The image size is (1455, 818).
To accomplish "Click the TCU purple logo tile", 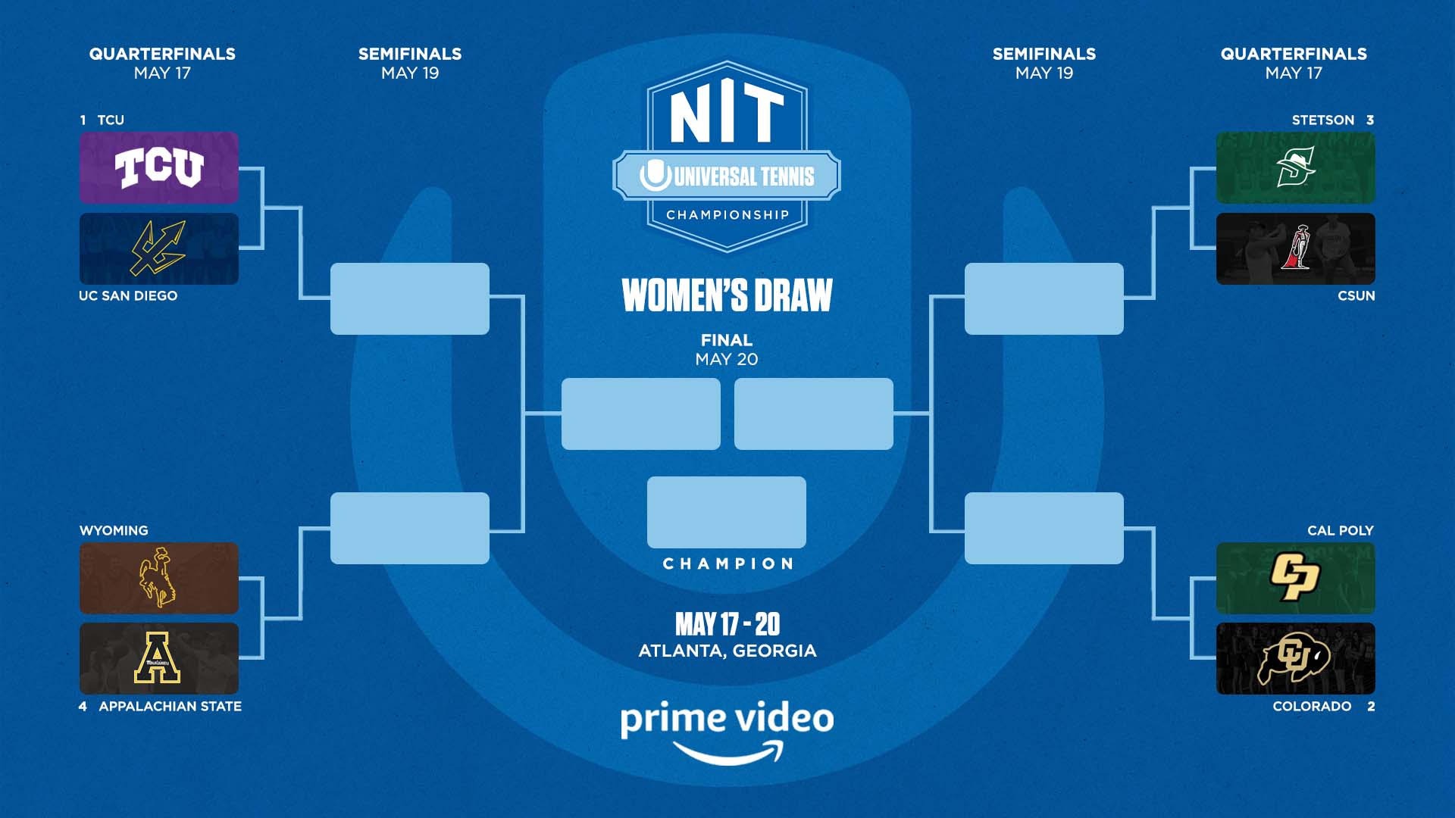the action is (159, 167).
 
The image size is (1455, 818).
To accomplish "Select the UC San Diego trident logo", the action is (158, 248).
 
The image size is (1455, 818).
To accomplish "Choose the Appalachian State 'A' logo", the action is (158, 657).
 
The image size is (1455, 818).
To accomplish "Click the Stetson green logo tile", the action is (1296, 167).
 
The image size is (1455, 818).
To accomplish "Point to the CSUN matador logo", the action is (1296, 248).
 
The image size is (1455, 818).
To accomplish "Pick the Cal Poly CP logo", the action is (1295, 577).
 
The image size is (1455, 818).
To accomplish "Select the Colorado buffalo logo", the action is (1294, 657).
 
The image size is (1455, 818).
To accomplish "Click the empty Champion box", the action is (727, 512).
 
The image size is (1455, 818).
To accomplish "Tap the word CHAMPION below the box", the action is (727, 564).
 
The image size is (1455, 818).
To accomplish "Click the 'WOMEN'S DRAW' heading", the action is (727, 295).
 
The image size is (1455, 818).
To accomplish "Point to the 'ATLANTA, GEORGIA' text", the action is (727, 651).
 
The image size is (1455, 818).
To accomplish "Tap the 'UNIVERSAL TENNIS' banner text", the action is (744, 176).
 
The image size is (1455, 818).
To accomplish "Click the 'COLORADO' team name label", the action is (1312, 706).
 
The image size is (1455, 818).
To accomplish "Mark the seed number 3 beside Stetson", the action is (1370, 120).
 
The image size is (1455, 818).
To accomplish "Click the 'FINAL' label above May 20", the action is (727, 340).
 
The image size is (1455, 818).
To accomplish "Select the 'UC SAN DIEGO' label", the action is (128, 295).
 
